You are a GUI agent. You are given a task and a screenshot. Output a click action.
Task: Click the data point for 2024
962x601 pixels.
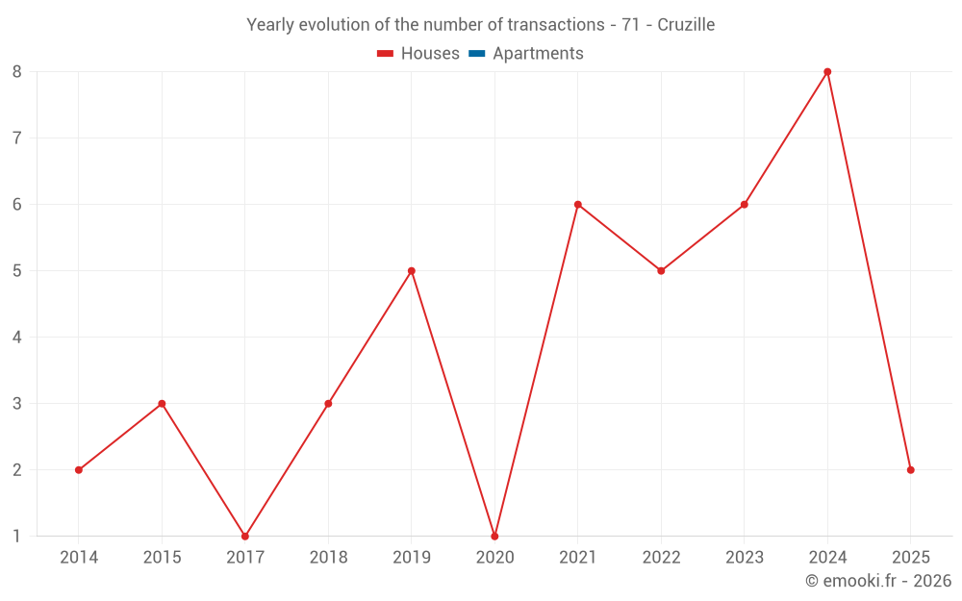click(827, 72)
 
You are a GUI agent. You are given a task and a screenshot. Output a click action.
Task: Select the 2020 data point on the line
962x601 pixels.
click(494, 537)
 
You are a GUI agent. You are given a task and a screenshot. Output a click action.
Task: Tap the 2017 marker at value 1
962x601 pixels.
click(245, 537)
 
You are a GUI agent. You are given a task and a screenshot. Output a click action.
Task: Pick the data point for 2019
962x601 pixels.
click(412, 271)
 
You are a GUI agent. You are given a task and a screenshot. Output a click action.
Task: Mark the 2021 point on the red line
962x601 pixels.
click(578, 205)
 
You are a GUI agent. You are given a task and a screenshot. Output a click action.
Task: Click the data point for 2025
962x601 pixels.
click(910, 470)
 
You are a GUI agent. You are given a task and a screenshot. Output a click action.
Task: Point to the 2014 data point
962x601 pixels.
click(79, 470)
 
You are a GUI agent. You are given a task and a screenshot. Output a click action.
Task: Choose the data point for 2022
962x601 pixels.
click(661, 271)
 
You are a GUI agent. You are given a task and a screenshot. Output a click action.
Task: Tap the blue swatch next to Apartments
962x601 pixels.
click(476, 54)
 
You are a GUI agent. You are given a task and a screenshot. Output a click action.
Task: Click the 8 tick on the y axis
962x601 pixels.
click(17, 72)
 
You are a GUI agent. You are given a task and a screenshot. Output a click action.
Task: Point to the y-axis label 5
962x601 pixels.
click(17, 271)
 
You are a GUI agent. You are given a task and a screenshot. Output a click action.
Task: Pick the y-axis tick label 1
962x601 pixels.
click(17, 537)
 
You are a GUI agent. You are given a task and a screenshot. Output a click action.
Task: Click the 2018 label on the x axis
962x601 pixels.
click(328, 558)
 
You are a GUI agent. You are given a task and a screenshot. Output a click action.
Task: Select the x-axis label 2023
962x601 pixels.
click(745, 558)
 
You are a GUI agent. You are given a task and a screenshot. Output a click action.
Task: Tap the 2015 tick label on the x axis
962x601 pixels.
click(162, 558)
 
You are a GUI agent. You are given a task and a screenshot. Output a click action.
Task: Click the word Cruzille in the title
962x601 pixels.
click(686, 25)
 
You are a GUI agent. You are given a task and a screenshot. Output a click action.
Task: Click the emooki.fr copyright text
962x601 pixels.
click(878, 581)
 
